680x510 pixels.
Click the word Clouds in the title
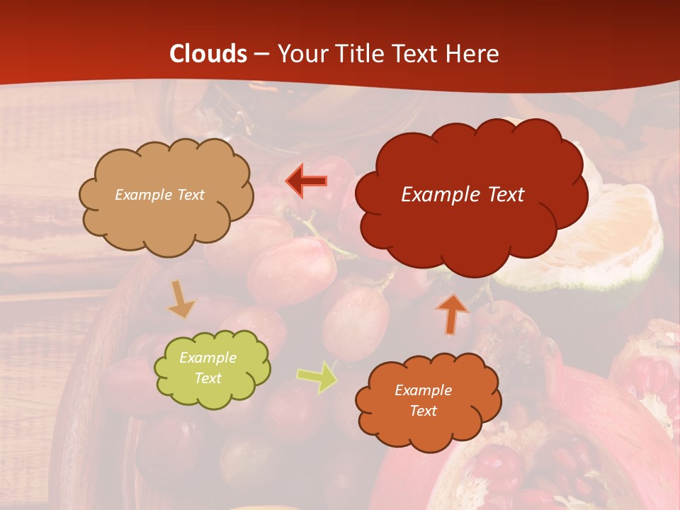pos(208,54)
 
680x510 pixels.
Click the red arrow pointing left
pos(307,181)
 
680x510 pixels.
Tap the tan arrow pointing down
pos(181,300)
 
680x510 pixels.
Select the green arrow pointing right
pos(318,376)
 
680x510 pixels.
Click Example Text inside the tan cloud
pos(159,195)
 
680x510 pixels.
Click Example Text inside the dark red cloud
pos(463,195)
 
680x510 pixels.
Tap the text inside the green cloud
pos(208,368)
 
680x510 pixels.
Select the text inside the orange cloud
pos(423,400)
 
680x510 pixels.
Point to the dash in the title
pos(261,55)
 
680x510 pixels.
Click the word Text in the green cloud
pos(208,378)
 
